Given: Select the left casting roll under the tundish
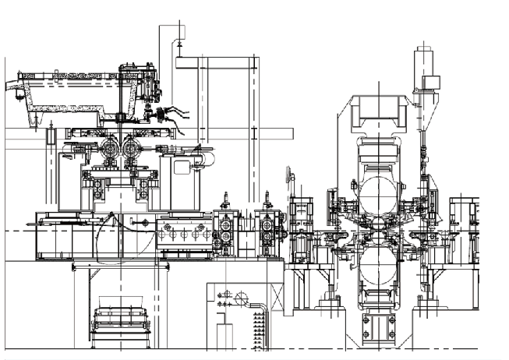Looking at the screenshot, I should (108, 148).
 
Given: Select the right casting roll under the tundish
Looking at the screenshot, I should (130, 148).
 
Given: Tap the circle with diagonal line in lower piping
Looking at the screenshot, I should (242, 297).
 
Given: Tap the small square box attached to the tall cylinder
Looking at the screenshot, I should (430, 83).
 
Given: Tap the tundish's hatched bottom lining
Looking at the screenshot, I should (70, 98).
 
